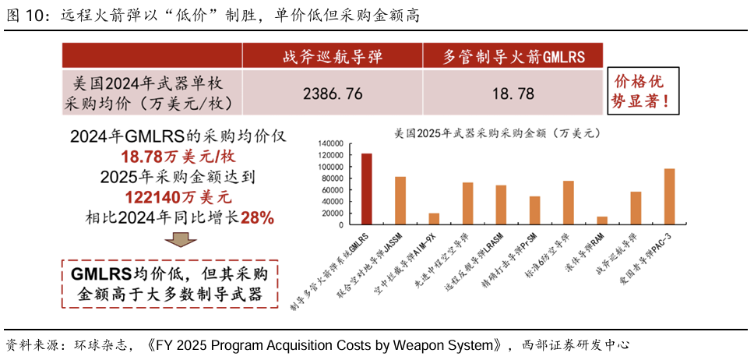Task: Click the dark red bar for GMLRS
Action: (366, 189)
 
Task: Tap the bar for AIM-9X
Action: (434, 219)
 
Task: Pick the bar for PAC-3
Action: (669, 196)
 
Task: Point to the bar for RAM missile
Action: (602, 221)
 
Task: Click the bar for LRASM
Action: (501, 205)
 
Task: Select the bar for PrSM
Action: (534, 210)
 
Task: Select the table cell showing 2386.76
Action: (333, 94)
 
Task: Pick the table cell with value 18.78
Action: (513, 94)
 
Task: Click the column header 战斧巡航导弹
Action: (333, 56)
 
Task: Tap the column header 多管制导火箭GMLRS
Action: (513, 56)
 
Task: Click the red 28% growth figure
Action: (257, 218)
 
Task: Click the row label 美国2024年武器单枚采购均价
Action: (152, 92)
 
